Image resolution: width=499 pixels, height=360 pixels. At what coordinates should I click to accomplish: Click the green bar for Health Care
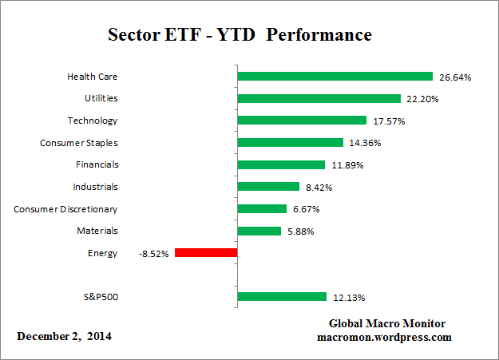coord(335,77)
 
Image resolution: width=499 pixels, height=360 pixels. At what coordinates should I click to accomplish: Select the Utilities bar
coord(319,99)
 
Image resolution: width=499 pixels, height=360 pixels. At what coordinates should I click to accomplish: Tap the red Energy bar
coord(206,253)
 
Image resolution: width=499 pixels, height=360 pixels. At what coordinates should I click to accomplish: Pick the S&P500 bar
coord(282,297)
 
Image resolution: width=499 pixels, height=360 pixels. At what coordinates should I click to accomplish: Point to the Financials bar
coord(281,164)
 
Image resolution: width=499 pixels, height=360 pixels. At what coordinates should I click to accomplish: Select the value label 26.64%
coord(455,77)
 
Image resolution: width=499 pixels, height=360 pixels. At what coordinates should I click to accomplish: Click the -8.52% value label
coord(152,254)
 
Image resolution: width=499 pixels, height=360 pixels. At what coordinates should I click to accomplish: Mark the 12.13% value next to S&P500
coord(349,298)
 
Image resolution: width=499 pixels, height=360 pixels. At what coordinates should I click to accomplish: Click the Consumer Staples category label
coord(78,143)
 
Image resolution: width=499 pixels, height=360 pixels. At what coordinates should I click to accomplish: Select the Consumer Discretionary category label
coord(65,209)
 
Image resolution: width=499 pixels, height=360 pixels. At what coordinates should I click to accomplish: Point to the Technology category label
coord(92,121)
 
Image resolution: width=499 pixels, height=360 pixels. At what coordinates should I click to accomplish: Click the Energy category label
coord(104,253)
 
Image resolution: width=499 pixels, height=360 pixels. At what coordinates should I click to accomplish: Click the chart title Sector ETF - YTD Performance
coord(240,36)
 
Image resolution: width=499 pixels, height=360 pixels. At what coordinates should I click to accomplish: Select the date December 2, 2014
coord(65,336)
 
